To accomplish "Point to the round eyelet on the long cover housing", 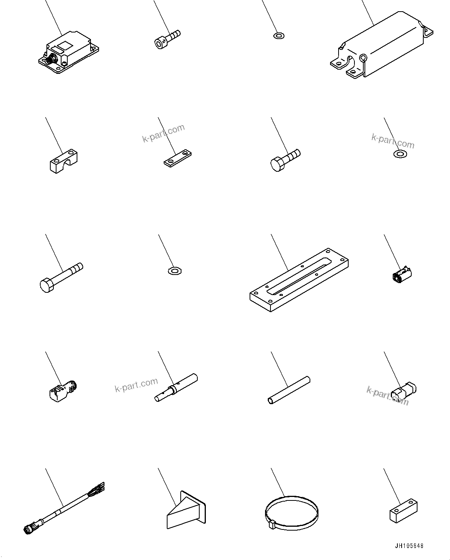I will pyautogui.click(x=363, y=58).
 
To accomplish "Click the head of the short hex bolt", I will pyautogui.click(x=276, y=164).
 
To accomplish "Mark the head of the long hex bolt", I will pyautogui.click(x=46, y=285).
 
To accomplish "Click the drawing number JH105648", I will pyautogui.click(x=409, y=546).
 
